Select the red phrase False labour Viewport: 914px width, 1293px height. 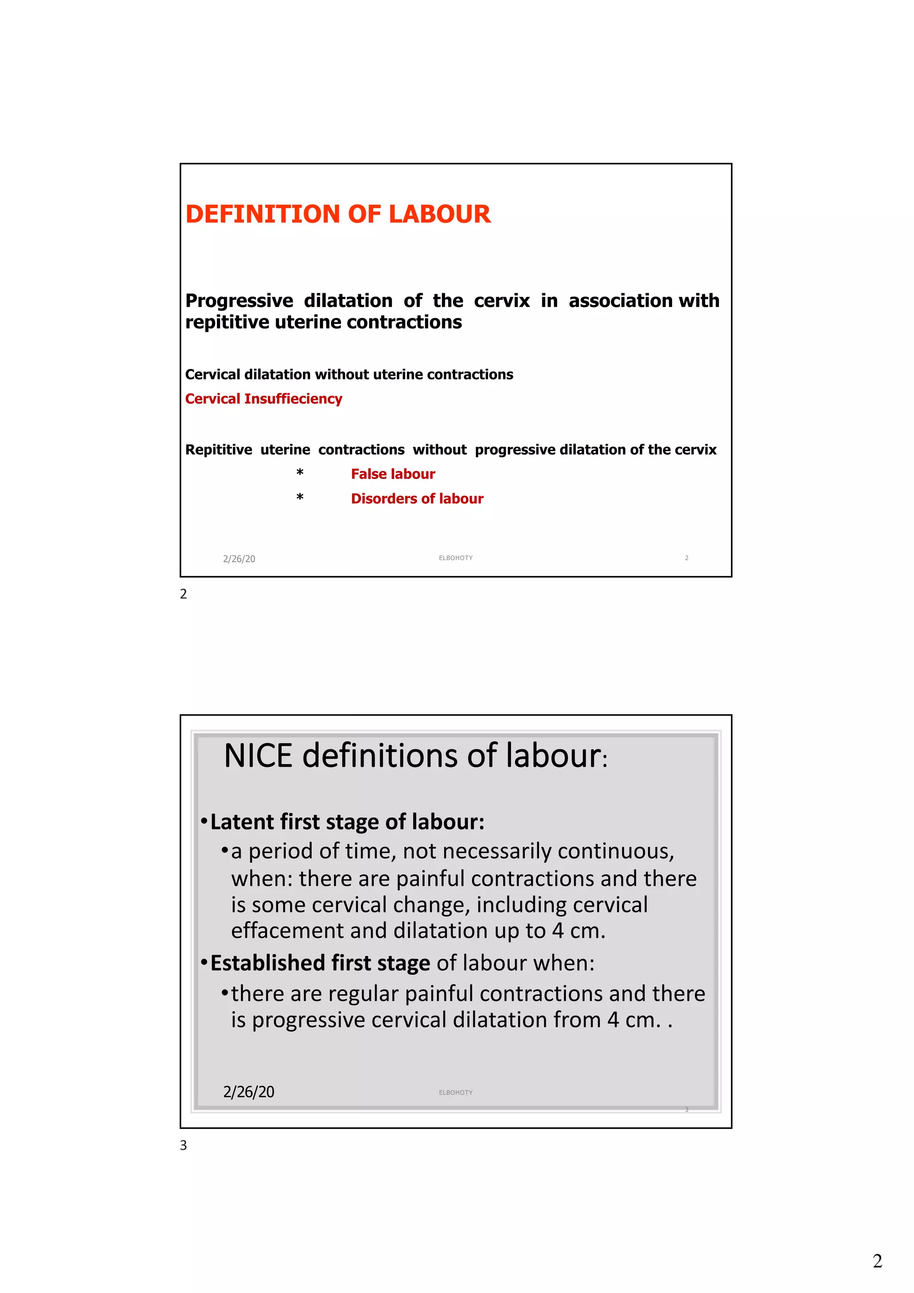coord(393,474)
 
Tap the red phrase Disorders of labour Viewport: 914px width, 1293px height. coord(417,499)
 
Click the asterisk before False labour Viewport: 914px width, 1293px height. coord(299,474)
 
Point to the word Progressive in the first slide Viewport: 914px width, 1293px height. coord(239,301)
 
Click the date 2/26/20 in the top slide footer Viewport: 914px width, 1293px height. coord(239,559)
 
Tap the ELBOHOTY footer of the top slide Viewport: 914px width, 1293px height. coord(456,558)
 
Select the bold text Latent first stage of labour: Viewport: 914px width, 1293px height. coord(347,822)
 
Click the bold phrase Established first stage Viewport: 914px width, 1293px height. coord(320,963)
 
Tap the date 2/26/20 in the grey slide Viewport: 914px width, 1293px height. coord(248,1092)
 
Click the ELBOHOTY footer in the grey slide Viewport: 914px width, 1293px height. coord(456,1093)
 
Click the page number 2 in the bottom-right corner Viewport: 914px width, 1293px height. coord(877,1261)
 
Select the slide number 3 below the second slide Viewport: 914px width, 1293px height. coord(183,1145)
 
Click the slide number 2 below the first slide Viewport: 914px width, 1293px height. coord(183,594)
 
